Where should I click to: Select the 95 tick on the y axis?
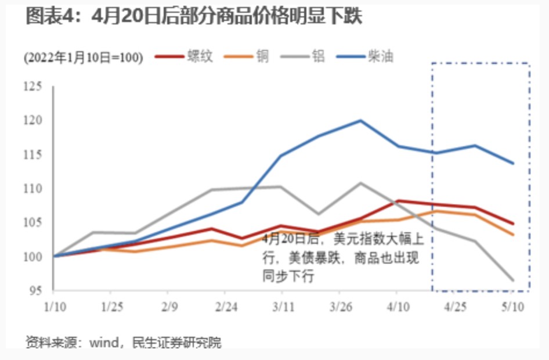click(x=36, y=290)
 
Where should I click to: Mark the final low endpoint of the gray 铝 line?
click(x=513, y=280)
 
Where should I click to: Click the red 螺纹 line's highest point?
click(x=398, y=201)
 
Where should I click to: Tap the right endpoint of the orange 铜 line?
click(x=513, y=235)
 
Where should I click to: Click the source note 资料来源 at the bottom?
click(x=123, y=343)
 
